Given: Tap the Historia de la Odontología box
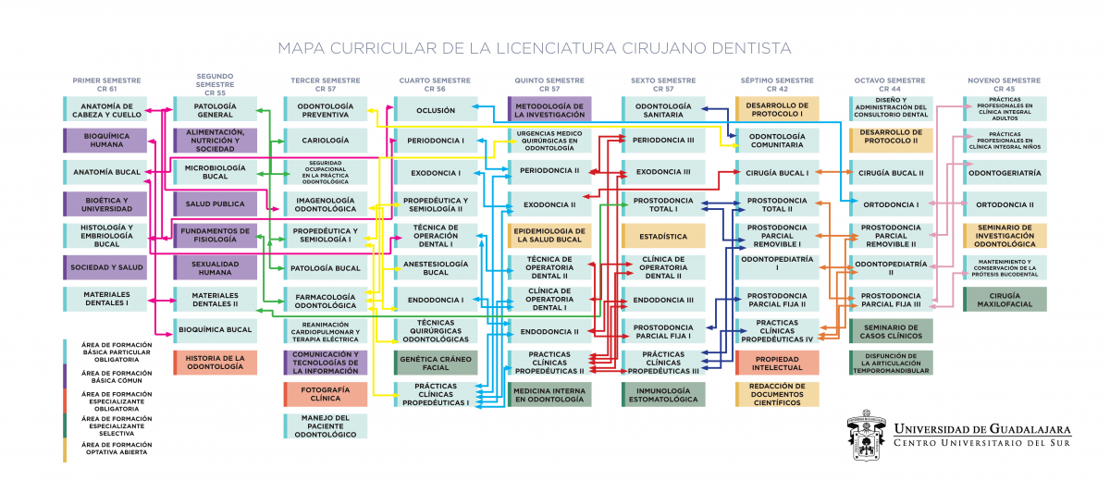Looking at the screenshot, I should (216, 363).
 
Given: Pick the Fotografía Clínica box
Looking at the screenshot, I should (326, 394).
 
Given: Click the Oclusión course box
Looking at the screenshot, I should (436, 109).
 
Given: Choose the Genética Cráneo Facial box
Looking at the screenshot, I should (436, 363).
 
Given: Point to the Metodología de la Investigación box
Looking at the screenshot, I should (549, 109).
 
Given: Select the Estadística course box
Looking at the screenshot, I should (663, 236).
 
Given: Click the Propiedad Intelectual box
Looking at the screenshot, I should (777, 363).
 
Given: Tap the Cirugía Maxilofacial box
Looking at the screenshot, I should (1005, 299).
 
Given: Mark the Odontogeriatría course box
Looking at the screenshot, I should (1005, 172).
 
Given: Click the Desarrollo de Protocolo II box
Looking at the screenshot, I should (890, 141).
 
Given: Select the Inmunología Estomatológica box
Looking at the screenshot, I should (663, 394).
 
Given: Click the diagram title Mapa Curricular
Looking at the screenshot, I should (535, 47).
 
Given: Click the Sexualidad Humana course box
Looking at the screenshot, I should (216, 267).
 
